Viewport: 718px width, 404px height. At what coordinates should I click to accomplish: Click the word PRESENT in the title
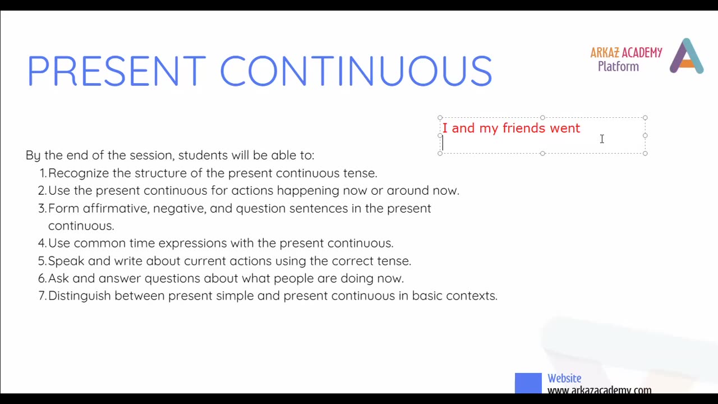(116, 71)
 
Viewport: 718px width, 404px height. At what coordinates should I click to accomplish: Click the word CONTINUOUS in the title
(356, 71)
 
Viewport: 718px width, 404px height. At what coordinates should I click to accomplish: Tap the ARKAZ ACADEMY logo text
(626, 53)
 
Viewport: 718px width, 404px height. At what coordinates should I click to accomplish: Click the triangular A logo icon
(687, 57)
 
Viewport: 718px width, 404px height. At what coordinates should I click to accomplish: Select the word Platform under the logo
(618, 67)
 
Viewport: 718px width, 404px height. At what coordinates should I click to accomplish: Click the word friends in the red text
(524, 128)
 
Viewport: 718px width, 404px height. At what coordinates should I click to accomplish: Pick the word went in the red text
(565, 128)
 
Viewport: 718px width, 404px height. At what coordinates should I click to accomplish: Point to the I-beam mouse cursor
(602, 139)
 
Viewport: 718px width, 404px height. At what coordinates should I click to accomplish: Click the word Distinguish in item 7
(79, 296)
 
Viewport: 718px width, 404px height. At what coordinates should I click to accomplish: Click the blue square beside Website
(528, 383)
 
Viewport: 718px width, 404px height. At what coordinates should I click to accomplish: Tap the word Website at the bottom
(564, 379)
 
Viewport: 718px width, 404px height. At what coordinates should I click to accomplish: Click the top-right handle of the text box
(645, 118)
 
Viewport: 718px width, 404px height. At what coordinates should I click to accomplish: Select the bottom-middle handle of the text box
(542, 153)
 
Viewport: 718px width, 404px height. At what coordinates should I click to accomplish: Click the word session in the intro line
(151, 155)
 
